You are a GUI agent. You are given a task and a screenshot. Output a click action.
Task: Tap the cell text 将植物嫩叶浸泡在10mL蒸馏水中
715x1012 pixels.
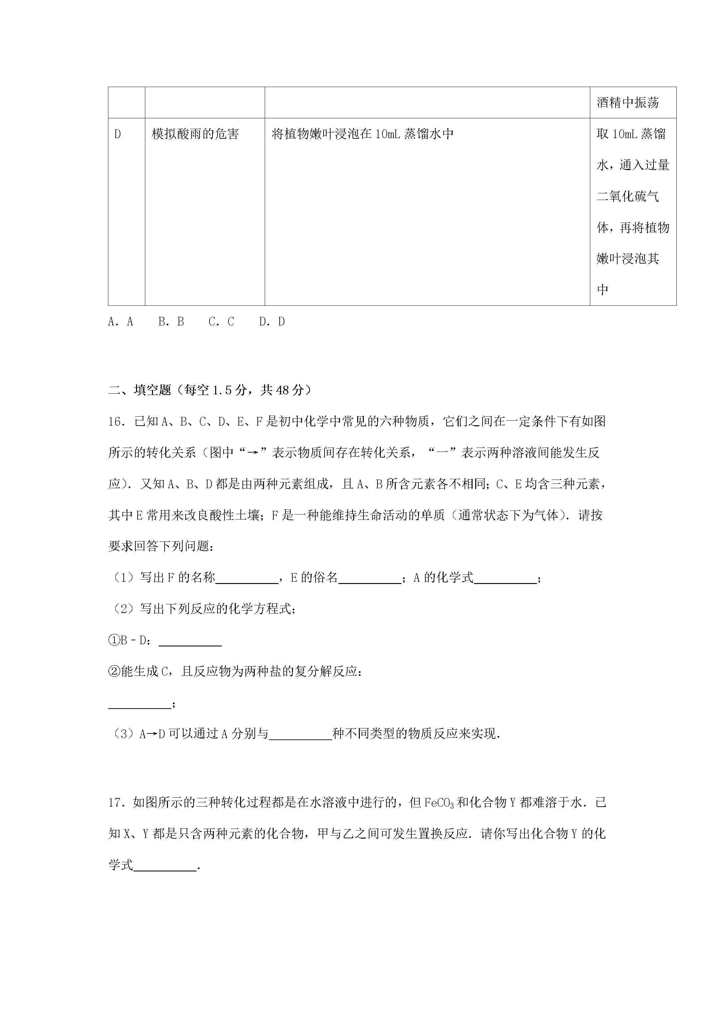click(x=362, y=134)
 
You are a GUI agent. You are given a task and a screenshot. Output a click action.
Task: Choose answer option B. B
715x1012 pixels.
click(x=171, y=322)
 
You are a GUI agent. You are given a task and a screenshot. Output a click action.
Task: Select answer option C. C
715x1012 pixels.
click(x=221, y=322)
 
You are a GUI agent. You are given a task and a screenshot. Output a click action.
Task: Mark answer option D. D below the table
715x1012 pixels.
click(x=272, y=322)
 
